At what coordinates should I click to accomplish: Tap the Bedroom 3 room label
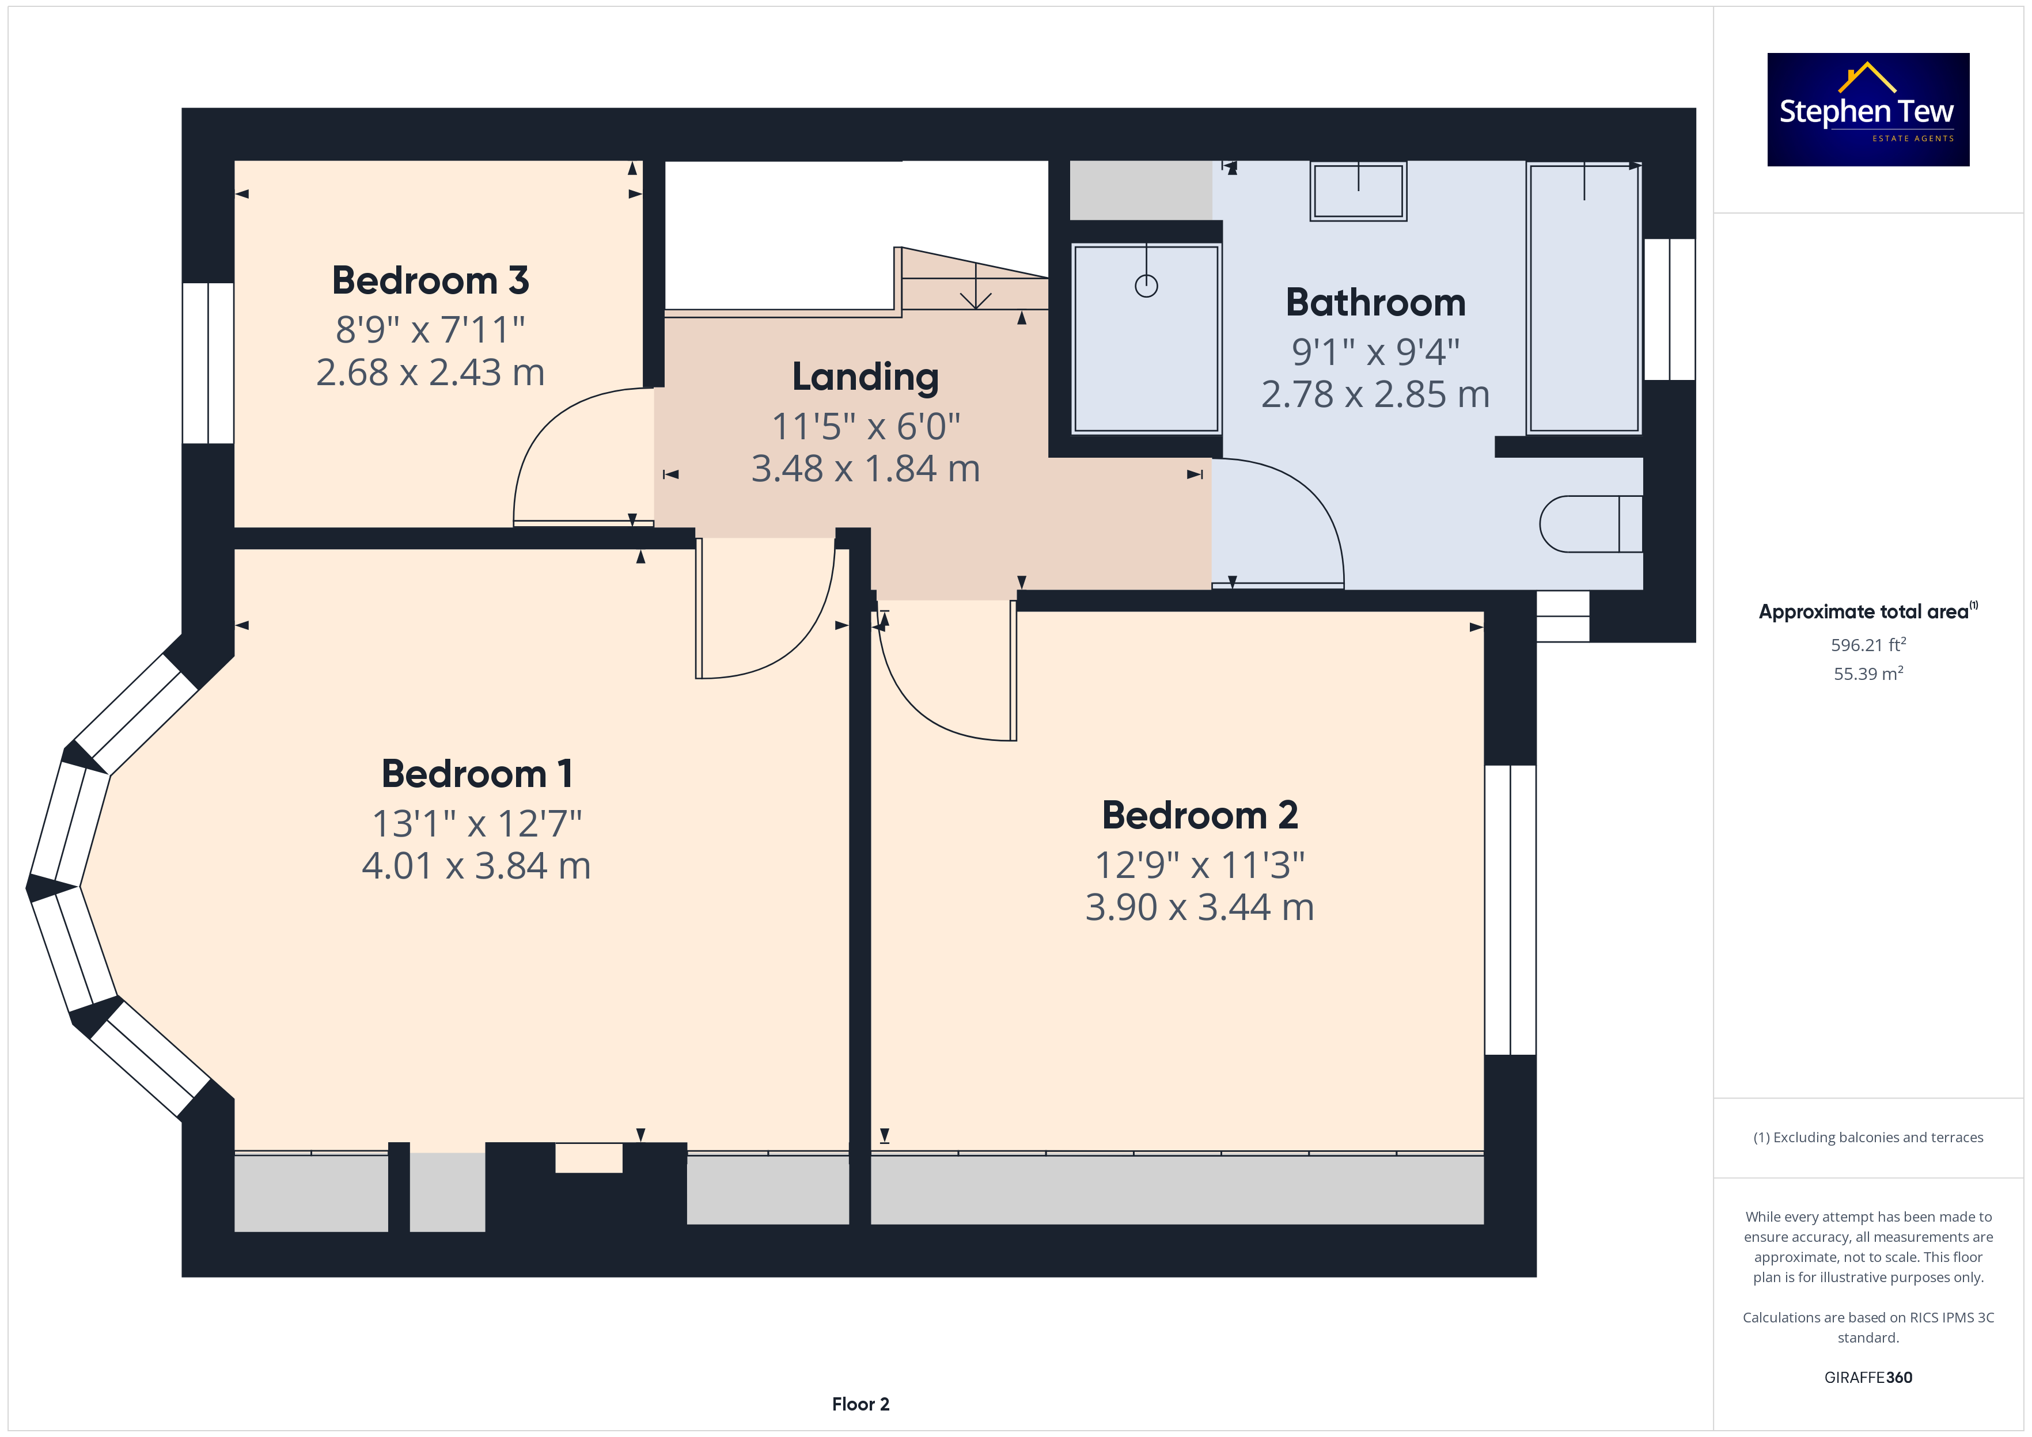point(430,280)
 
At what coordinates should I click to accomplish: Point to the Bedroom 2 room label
point(1200,815)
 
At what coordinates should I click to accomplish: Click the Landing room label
point(866,377)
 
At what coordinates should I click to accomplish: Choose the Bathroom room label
point(1375,303)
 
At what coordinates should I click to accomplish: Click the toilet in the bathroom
point(1590,524)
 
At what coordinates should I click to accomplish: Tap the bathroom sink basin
point(1359,191)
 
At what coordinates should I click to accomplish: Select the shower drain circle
point(1146,286)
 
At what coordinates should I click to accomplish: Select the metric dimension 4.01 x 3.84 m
point(476,865)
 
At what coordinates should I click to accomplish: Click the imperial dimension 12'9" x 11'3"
point(1200,865)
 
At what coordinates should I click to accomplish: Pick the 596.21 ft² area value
point(1868,644)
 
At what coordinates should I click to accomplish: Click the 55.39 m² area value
point(1868,674)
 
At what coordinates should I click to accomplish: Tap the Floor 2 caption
point(860,1404)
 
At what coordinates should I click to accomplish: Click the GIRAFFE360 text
point(1868,1378)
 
